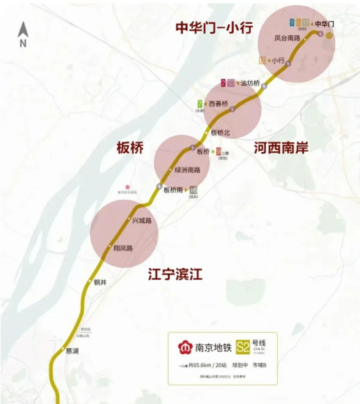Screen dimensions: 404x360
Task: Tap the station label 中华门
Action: (325, 24)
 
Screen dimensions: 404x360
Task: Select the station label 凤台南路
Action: (287, 39)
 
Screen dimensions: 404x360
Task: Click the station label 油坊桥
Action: (250, 83)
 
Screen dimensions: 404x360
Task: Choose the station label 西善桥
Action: (218, 104)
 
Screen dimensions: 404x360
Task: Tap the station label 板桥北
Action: (221, 132)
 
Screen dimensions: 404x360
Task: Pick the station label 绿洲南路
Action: (187, 170)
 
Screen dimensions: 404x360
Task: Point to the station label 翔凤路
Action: (123, 248)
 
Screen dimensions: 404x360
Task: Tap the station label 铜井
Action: (100, 282)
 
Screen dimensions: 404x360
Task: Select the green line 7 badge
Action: (198, 103)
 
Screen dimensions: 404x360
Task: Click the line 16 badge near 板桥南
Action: (193, 190)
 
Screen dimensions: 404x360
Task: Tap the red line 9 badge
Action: (218, 151)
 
